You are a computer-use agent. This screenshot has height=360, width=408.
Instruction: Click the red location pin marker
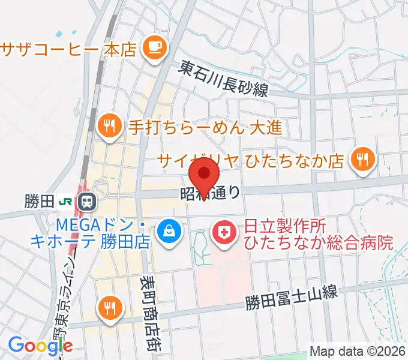click(204, 174)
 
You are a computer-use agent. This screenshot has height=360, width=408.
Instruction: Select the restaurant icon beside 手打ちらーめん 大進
click(108, 125)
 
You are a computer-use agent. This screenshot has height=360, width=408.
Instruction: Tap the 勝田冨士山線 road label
click(292, 298)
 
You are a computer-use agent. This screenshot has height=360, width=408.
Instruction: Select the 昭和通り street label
click(211, 193)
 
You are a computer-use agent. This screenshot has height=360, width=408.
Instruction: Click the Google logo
click(40, 346)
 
